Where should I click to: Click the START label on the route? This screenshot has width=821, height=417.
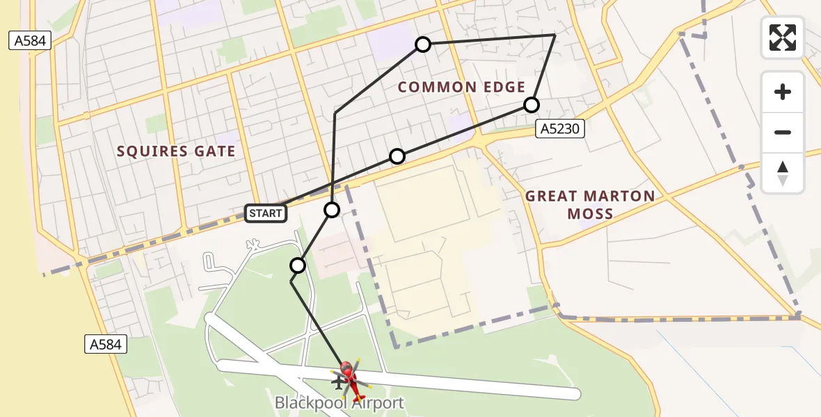coord(266,213)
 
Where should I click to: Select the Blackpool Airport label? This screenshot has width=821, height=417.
coord(339,402)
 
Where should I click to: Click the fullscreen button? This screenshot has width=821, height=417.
coord(783,38)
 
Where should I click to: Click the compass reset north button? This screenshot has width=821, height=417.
coord(783,173)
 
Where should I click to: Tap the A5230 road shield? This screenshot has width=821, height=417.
coord(561,128)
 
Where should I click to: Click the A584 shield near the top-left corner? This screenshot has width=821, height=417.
coord(29,41)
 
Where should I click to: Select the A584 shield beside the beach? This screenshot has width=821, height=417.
coord(105,343)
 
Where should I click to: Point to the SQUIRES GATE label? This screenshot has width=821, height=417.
coord(176,152)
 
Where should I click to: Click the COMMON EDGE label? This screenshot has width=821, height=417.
coord(461,87)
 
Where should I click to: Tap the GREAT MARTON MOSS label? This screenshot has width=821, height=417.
coord(590,204)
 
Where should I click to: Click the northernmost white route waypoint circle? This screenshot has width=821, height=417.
coord(422,45)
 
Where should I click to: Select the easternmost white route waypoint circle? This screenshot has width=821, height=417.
coord(531,105)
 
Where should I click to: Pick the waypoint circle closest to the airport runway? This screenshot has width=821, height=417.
coord(298,265)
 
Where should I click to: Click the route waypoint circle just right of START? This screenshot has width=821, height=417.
coord(332,209)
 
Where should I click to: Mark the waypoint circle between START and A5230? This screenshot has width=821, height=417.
coord(397,156)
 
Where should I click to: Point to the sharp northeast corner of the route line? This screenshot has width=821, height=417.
coord(555,35)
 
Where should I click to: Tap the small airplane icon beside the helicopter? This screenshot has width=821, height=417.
coord(339,382)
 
